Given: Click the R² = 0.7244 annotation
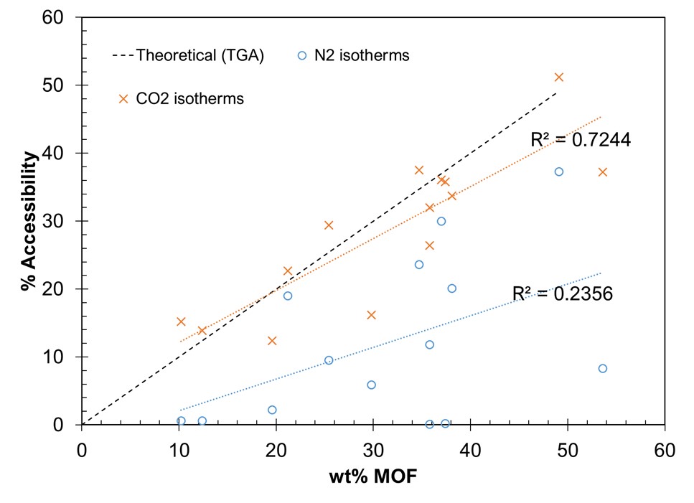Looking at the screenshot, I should tap(580, 140).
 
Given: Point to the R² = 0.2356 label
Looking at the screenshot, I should tap(562, 293).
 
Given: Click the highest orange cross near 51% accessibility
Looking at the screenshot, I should tap(559, 77).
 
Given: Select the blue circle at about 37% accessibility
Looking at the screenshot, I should tap(559, 171).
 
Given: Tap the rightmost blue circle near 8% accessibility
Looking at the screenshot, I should tap(603, 368).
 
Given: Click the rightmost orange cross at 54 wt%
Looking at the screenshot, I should tap(603, 171).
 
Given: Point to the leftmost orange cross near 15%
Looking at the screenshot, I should tap(181, 321).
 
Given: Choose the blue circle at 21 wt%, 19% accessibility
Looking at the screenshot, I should tap(288, 296).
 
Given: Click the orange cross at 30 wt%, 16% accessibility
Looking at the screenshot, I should tap(372, 315).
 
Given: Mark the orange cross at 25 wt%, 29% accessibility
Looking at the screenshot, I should tap(329, 225).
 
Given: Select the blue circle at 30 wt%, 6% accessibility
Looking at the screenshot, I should tap(372, 385).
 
